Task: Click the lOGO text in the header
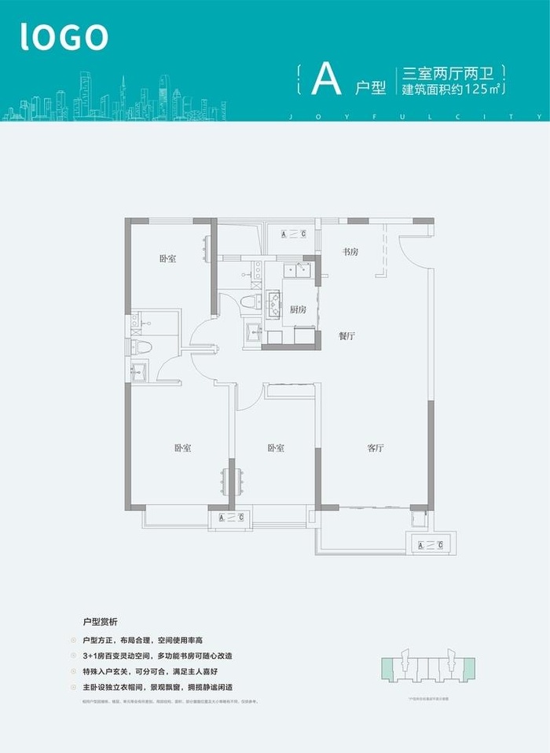[x=64, y=36]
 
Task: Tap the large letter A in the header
[x=326, y=79]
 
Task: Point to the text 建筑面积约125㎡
[x=452, y=90]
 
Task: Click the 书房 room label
[x=350, y=252]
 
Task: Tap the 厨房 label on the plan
[x=297, y=309]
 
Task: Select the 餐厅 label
[x=348, y=335]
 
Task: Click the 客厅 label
[x=375, y=448]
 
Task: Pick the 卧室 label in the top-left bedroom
[x=167, y=258]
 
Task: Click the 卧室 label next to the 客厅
[x=275, y=448]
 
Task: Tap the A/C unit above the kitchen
[x=290, y=234]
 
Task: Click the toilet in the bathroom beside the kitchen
[x=251, y=302]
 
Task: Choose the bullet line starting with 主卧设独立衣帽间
[x=167, y=685]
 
